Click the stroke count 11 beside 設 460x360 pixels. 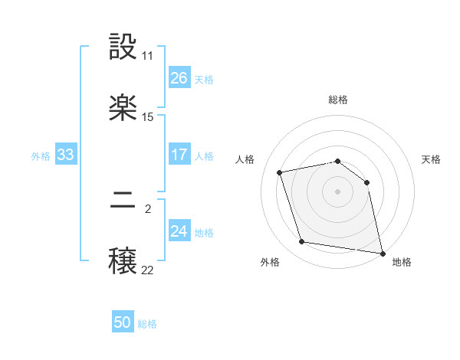tap(148, 56)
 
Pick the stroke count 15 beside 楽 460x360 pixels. tap(148, 117)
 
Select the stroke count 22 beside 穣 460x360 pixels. tap(148, 270)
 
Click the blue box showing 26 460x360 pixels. tap(179, 77)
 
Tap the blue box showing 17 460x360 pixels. tap(179, 154)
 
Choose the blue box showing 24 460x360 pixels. tap(179, 231)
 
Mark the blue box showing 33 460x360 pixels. tap(66, 155)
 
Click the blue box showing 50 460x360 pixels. tap(123, 322)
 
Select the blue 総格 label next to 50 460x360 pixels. tap(147, 324)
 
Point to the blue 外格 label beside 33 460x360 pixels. tap(41, 156)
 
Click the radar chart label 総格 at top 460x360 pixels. tap(338, 100)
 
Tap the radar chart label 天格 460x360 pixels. tap(432, 159)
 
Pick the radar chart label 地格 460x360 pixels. tap(402, 262)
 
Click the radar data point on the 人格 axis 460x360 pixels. tap(280, 172)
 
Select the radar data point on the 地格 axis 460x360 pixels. tap(381, 251)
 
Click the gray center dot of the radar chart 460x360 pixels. tap(338, 191)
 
